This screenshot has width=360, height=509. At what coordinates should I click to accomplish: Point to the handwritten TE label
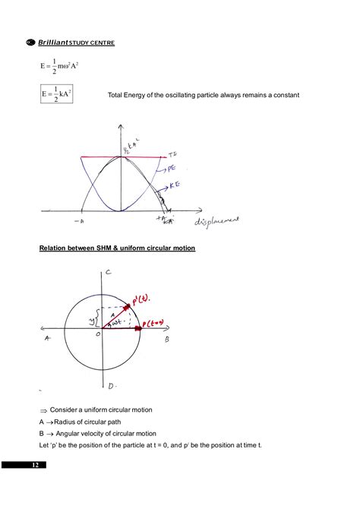click(x=173, y=153)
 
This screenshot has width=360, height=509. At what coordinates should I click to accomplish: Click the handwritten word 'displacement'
click(x=217, y=221)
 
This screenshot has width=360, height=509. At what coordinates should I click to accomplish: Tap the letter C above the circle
click(x=109, y=272)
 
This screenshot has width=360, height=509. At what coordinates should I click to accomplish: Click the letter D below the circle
click(x=111, y=386)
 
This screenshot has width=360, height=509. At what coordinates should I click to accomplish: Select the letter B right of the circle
click(x=166, y=341)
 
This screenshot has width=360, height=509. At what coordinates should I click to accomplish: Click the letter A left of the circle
click(x=47, y=339)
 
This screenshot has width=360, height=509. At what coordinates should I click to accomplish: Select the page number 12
click(x=34, y=465)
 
